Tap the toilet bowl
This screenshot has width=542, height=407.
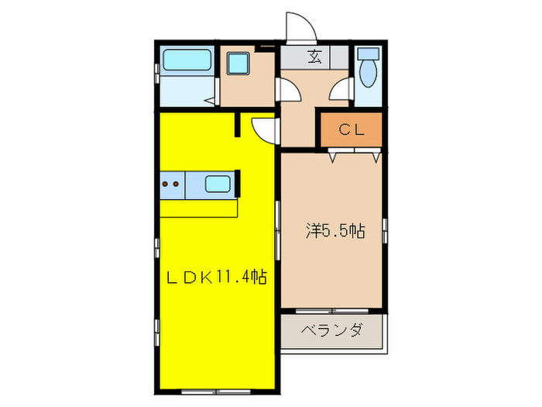[x=369, y=76]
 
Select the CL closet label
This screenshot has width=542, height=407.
[x=351, y=130]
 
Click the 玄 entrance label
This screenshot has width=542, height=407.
[x=314, y=57]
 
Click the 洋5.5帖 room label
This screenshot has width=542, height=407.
[x=334, y=230]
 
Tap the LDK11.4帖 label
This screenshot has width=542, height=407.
[x=218, y=277]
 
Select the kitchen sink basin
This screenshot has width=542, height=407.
[x=217, y=185]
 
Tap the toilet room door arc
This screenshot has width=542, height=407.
[x=339, y=92]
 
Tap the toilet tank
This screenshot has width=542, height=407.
[x=369, y=55]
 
